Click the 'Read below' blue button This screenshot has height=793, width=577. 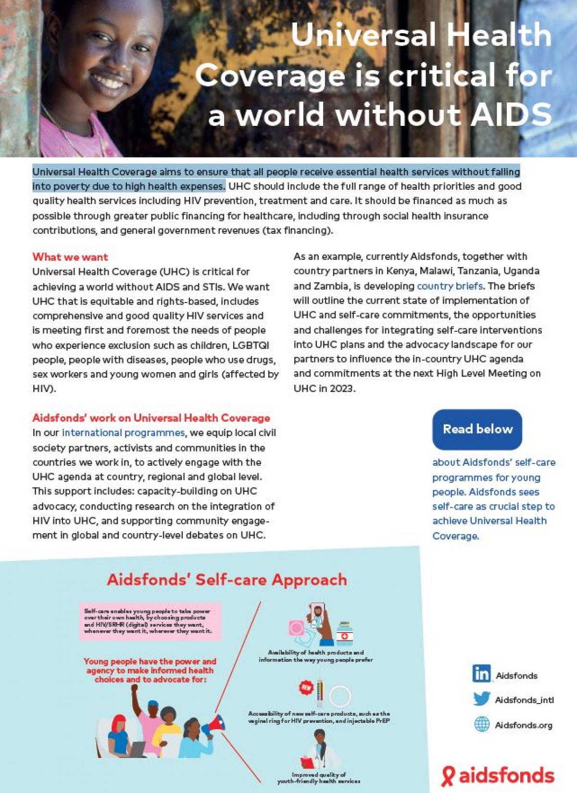click(x=477, y=429)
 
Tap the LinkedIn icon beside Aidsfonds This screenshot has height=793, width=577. click(x=481, y=673)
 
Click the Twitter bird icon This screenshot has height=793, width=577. click(x=481, y=698)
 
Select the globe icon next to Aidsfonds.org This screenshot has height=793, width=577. click(x=482, y=724)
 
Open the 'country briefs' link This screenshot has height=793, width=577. click(x=450, y=286)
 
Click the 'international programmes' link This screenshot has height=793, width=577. click(x=123, y=433)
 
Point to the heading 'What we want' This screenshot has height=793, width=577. click(x=70, y=257)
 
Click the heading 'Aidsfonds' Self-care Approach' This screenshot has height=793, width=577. click(x=226, y=580)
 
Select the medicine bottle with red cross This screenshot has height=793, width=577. click(x=344, y=634)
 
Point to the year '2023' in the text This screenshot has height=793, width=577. click(x=341, y=389)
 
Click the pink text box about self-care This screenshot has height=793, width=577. click(x=150, y=621)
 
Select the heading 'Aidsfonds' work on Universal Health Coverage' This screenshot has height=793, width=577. click(x=151, y=418)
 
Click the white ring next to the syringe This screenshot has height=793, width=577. click(x=340, y=695)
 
